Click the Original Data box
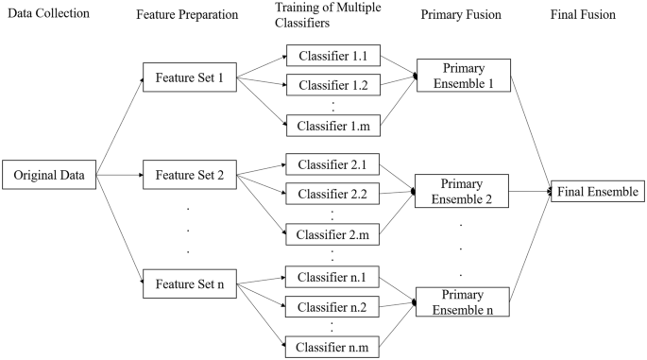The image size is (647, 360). point(49,175)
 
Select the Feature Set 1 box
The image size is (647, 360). point(189,77)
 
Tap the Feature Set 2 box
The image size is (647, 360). point(189,175)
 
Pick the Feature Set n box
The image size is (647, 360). point(189,283)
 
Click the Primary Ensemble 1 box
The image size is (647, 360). point(462,77)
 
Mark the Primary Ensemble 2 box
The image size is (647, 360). point(462,192)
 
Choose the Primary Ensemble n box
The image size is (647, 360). point(462,301)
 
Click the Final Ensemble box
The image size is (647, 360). point(597,192)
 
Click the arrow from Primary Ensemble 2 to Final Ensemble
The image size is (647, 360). point(529,192)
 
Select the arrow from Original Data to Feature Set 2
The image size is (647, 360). point(119,175)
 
